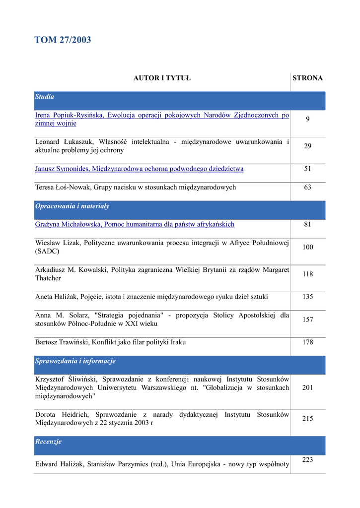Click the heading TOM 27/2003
(63, 40)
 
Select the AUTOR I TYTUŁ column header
(162, 78)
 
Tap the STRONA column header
(307, 78)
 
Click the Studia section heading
(45, 97)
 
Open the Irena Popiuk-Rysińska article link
(162, 119)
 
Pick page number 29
(307, 146)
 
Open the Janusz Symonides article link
(139, 169)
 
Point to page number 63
(307, 187)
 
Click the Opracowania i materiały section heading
(72, 206)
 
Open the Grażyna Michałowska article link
(135, 224)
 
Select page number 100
(307, 247)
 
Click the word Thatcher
(48, 278)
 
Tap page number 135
(307, 297)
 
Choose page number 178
(307, 342)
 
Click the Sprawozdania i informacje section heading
(75, 361)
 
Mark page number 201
(307, 387)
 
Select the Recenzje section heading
(48, 442)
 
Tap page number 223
(307, 460)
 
